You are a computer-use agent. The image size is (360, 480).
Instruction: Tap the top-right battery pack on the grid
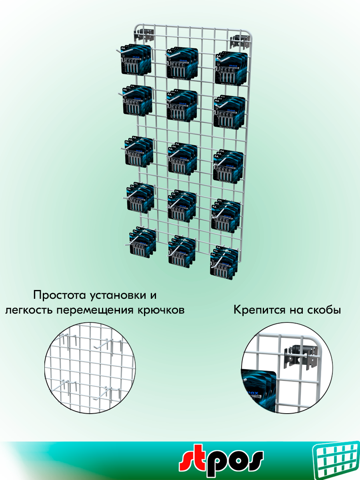coord(231,68)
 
